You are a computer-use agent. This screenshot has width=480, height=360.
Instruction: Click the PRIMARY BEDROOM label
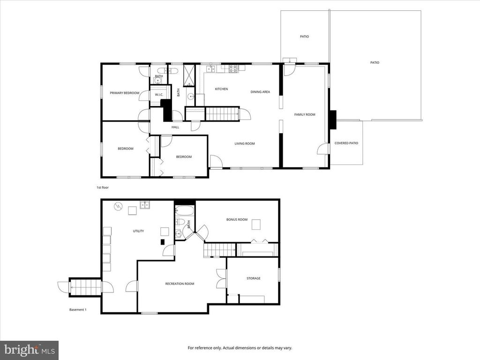click(x=125, y=93)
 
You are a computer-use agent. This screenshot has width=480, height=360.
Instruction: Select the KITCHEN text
click(x=221, y=89)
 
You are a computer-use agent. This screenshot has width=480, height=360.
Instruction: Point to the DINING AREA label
click(x=260, y=92)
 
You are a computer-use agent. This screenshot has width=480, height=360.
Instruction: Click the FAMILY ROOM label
click(x=304, y=114)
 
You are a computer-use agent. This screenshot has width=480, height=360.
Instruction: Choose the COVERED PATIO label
click(x=346, y=143)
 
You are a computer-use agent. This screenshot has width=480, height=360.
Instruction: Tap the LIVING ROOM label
click(x=245, y=143)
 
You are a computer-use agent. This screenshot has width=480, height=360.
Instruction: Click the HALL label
click(x=175, y=127)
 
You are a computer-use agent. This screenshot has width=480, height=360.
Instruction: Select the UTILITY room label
click(x=138, y=231)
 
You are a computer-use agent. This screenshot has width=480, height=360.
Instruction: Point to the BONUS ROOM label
click(x=237, y=219)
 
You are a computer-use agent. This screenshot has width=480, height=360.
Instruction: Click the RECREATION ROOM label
click(x=180, y=284)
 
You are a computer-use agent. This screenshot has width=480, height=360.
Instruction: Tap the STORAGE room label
click(x=254, y=278)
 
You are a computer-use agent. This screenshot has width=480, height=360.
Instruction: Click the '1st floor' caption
click(x=103, y=187)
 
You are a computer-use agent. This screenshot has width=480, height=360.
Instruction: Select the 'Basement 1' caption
click(x=78, y=310)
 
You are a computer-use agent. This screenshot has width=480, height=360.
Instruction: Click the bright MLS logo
click(x=29, y=350)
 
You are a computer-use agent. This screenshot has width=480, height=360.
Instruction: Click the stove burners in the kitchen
click(x=232, y=69)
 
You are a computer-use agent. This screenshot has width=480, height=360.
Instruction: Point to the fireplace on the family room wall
click(x=332, y=119)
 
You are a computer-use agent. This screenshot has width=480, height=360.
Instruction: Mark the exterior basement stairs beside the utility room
click(x=85, y=287)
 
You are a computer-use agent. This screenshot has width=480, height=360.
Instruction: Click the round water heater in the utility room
click(x=119, y=206)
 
